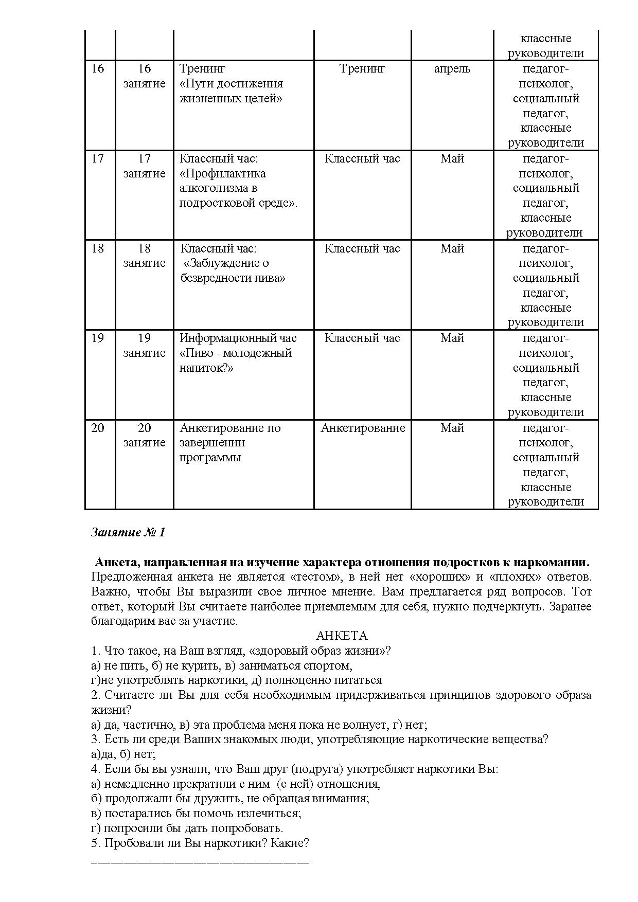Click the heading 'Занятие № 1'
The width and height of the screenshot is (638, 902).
(128, 532)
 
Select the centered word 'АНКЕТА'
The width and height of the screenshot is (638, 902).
(341, 636)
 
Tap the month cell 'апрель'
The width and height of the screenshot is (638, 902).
(452, 69)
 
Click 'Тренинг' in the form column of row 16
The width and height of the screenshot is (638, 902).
(362, 69)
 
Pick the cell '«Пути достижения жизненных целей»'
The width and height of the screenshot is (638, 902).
(231, 91)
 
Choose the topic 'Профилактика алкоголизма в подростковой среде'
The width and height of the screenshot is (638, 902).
(238, 188)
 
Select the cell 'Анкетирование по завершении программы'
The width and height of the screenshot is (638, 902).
(230, 443)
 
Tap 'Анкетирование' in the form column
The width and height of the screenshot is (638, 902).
(363, 428)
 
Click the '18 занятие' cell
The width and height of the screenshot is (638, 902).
(144, 256)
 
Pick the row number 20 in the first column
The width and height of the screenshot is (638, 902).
(98, 428)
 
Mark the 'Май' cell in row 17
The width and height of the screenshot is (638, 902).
(452, 159)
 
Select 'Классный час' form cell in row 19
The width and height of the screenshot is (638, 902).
(362, 338)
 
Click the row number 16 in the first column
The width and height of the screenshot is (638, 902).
(98, 69)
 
